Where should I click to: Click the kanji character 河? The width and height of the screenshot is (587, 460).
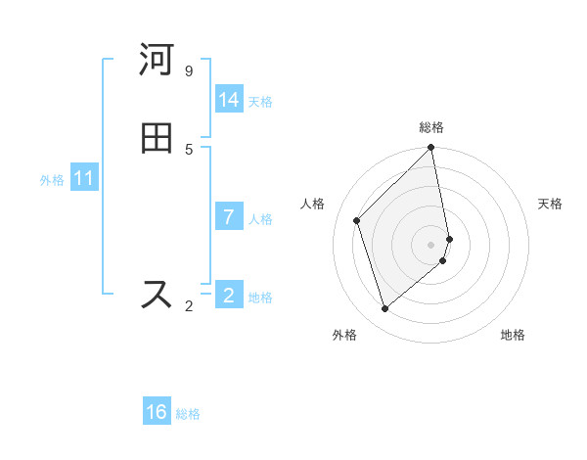(157, 61)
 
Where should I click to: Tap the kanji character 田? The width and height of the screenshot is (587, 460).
(157, 138)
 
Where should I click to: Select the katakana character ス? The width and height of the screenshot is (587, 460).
(157, 294)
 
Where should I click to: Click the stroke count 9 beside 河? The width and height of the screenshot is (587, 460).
(189, 70)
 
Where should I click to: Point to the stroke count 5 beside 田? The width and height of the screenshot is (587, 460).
(189, 149)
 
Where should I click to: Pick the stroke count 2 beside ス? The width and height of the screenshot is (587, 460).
(189, 306)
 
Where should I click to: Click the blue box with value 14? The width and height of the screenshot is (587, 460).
(229, 100)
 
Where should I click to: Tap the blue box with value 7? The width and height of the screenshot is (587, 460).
(229, 217)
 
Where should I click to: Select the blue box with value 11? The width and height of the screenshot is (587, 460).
(84, 179)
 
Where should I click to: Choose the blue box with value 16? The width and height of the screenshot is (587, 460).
(157, 412)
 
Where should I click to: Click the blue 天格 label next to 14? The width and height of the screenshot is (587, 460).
(260, 101)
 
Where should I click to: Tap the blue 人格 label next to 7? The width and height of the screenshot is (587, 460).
(260, 218)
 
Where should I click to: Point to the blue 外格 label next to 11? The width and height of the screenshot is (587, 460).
(52, 180)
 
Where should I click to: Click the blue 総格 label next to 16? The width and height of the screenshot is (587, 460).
(188, 413)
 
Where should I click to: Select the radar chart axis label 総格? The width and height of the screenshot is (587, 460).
(431, 127)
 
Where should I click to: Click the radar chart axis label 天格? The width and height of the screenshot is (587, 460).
(550, 204)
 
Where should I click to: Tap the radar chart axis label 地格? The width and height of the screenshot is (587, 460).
(513, 335)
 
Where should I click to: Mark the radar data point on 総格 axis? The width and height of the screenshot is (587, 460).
(431, 148)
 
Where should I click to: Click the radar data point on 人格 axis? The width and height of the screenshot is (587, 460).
(357, 220)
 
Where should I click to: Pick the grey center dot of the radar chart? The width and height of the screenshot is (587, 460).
(431, 244)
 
